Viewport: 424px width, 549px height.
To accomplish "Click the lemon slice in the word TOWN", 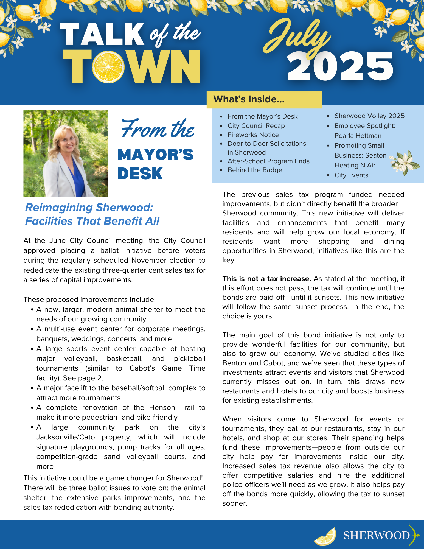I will [x=108, y=67].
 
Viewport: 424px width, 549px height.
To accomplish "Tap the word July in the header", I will [x=298, y=37].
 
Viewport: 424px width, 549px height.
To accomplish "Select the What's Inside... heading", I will [x=249, y=99].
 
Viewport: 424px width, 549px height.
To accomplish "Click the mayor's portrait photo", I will [x=66, y=153].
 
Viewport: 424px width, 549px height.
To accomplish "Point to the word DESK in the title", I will [x=140, y=173].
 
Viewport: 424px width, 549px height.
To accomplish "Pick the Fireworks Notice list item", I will [x=253, y=135].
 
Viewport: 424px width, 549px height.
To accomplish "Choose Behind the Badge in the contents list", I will [x=255, y=170].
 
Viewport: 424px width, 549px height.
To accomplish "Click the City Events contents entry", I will [x=351, y=175].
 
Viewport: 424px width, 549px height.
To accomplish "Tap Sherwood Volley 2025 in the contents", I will [x=369, y=116].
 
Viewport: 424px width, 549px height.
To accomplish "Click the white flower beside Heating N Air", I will [x=404, y=163].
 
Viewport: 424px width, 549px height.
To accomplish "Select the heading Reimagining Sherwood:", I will [x=89, y=208].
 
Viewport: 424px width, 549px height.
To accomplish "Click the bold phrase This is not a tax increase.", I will [x=266, y=279].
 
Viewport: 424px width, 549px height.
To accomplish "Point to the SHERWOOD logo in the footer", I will [x=377, y=535].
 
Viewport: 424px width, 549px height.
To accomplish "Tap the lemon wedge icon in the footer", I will [x=325, y=537].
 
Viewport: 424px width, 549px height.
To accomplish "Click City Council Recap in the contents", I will [x=256, y=126].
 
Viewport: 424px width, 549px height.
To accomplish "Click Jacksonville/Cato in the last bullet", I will [x=66, y=437].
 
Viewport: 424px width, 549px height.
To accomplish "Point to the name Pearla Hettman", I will [x=358, y=136].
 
